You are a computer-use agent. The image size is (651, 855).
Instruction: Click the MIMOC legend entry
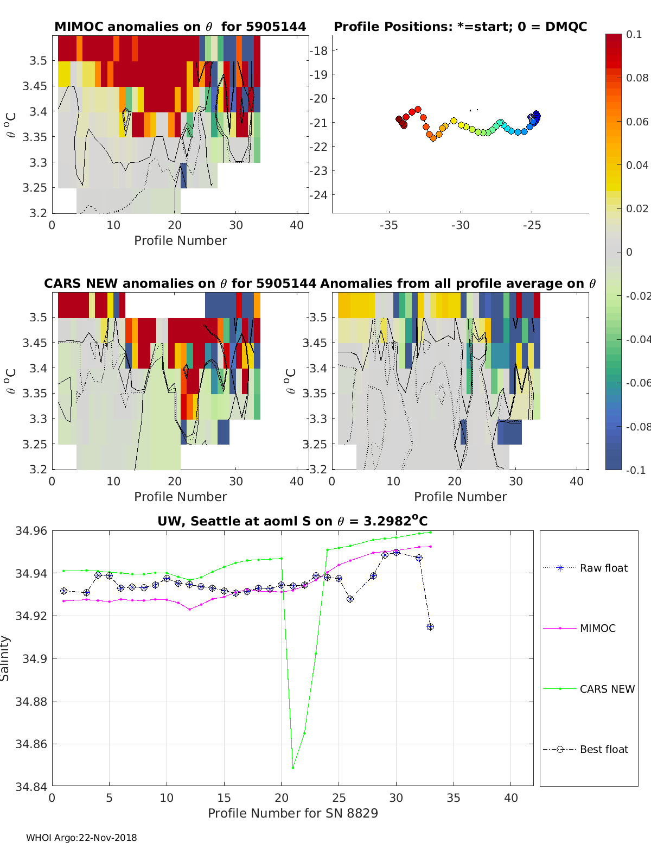click(x=597, y=628)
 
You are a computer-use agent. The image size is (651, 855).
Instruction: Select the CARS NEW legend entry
click(x=607, y=689)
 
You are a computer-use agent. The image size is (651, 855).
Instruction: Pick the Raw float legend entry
click(x=603, y=568)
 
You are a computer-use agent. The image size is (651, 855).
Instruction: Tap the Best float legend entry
click(x=603, y=749)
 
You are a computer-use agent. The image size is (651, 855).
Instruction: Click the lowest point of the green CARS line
click(x=293, y=768)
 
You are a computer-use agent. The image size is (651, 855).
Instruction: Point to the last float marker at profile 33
click(x=430, y=627)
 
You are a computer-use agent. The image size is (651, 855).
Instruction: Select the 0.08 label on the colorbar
click(x=637, y=78)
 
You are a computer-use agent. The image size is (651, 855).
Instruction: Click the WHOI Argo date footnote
click(x=81, y=838)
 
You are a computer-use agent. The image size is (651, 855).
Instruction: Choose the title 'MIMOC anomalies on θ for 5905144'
click(x=180, y=27)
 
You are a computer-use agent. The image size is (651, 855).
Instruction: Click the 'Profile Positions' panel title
click(x=460, y=27)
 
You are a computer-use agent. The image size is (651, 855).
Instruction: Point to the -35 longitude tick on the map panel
click(x=388, y=225)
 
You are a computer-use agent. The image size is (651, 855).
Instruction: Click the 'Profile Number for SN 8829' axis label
click(x=292, y=813)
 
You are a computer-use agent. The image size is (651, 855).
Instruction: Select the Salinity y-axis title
click(x=5, y=658)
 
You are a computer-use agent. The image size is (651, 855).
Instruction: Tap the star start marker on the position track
click(x=532, y=117)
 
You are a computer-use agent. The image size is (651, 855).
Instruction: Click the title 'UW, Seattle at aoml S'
click(x=292, y=521)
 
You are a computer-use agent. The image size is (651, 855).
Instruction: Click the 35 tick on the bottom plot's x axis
click(x=454, y=797)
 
